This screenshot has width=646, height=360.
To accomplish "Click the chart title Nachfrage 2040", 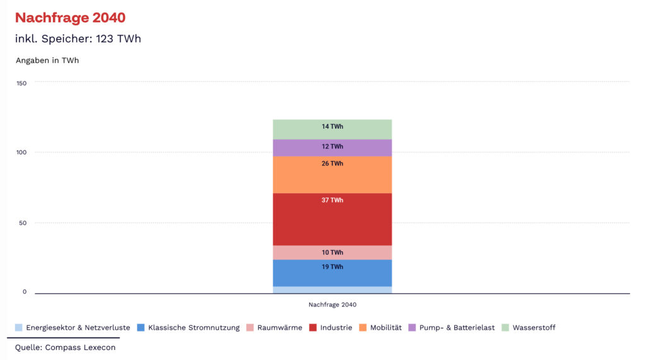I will point(70,18).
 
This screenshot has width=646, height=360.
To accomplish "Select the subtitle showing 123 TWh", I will point(78,39).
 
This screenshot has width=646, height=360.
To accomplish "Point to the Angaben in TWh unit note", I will point(47,61).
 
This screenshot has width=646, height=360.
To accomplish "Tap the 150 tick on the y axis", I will point(21,83).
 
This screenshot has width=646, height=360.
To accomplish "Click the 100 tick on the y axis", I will point(21,153).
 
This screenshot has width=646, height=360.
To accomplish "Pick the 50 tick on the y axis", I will point(22,223).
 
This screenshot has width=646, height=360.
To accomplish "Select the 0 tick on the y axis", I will point(25,292).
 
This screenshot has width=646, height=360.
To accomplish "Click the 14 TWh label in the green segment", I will point(332,126).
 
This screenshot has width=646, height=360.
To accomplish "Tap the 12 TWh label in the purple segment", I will point(332,147).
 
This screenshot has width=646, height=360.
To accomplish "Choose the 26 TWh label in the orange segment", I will point(332,164).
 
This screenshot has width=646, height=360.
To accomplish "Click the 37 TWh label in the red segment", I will point(332,200).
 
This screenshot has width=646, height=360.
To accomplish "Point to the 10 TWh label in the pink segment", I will point(332,253).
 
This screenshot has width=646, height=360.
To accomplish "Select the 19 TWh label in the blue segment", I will point(332,267).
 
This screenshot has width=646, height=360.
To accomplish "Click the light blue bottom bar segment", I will point(332,290).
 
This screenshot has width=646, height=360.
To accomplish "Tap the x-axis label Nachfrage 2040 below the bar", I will point(332,304).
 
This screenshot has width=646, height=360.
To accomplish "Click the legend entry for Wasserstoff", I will point(529,328).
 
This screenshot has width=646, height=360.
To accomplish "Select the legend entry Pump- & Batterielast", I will point(452,328).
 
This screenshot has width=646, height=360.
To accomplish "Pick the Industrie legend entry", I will point(331,328).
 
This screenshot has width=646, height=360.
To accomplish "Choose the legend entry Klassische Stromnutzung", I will point(189,328).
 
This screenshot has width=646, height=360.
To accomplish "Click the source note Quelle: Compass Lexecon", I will point(65,347).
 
